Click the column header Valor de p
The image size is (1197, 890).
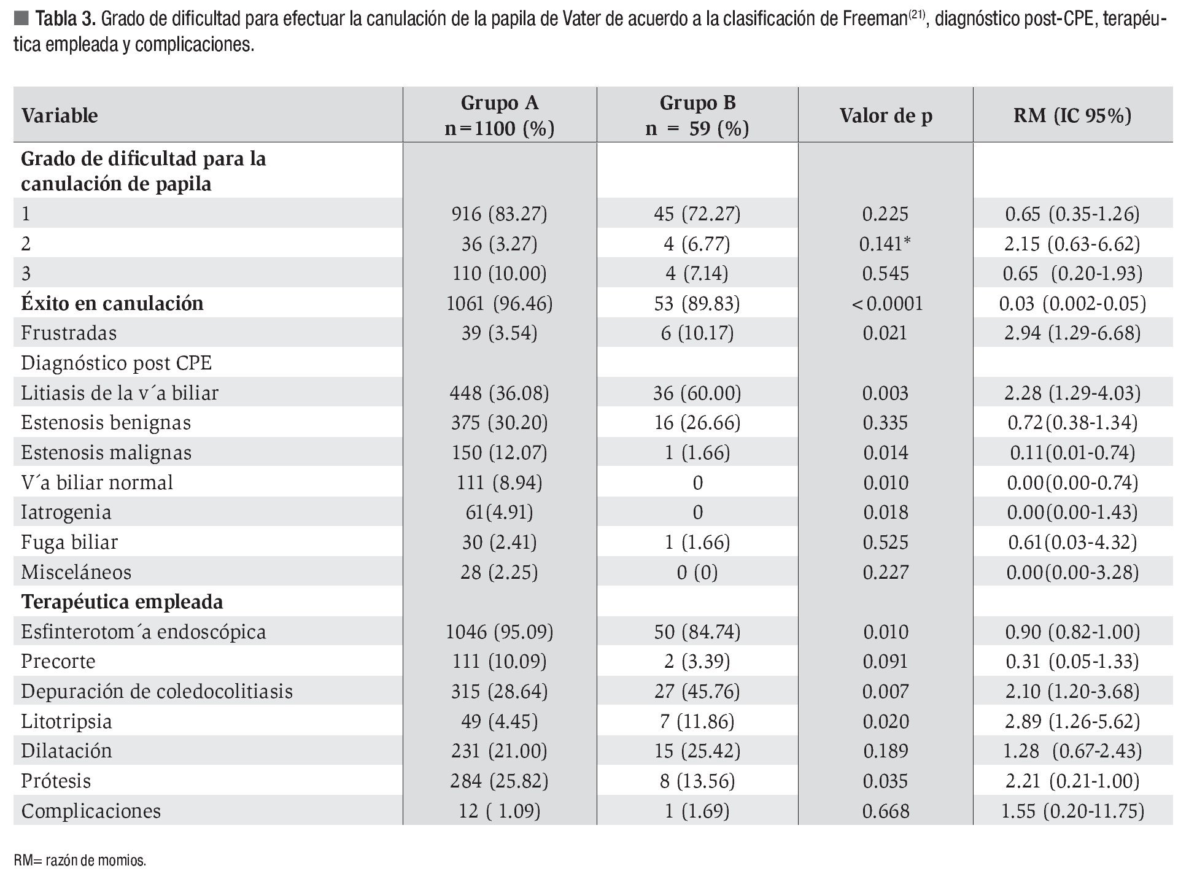886,115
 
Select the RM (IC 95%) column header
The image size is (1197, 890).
1072,115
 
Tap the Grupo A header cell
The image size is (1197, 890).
499,115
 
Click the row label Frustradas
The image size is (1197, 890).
69,333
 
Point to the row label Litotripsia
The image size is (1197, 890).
66,721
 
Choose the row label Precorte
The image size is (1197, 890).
58,661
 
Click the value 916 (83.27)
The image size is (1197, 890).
499,214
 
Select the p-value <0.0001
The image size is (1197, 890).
886,303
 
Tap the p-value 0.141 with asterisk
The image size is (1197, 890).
885,244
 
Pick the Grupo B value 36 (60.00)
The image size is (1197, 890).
697,393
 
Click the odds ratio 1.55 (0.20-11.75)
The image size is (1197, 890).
1072,811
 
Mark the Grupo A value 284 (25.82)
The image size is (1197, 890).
499,781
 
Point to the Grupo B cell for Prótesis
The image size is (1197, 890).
697,781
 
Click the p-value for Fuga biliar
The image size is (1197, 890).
885,542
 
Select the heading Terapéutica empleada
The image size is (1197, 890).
122,602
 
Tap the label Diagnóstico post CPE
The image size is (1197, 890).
116,363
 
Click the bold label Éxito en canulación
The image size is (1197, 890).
112,303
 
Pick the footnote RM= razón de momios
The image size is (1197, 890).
80,861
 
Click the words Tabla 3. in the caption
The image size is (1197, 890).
66,20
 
